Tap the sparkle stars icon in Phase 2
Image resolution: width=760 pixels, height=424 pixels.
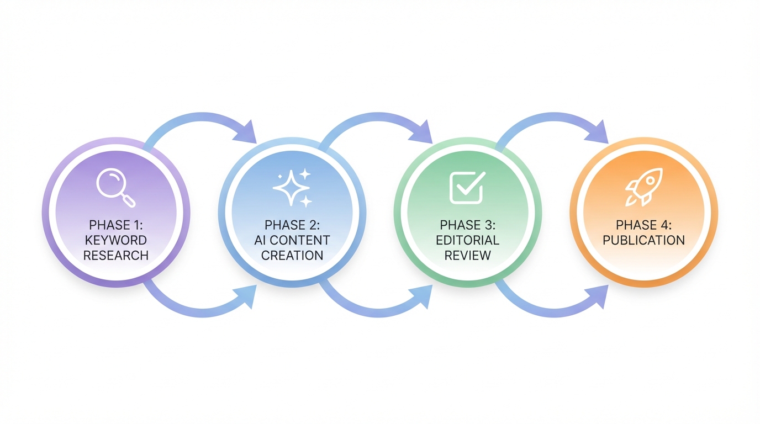[x=292, y=188]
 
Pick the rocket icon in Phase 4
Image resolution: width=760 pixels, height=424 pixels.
[x=643, y=187]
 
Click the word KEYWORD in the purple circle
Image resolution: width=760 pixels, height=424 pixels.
[x=116, y=240]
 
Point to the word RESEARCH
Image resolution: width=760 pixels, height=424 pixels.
[x=116, y=255]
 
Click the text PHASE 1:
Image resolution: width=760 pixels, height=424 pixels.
[x=116, y=225]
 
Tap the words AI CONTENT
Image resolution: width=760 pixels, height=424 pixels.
[x=292, y=240]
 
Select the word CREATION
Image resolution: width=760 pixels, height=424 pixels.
[x=292, y=255]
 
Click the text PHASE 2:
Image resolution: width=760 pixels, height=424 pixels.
[x=292, y=225]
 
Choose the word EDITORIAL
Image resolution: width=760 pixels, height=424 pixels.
[x=467, y=240]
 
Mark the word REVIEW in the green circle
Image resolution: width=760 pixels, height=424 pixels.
[x=467, y=255]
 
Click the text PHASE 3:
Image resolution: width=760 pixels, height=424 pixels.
[x=467, y=225]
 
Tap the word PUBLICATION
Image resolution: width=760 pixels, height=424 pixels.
[x=643, y=240]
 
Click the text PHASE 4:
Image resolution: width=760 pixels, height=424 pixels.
[x=643, y=225]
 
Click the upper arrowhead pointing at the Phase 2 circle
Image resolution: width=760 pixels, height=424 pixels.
[x=247, y=132]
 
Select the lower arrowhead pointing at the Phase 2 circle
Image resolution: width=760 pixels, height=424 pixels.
[x=247, y=296]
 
